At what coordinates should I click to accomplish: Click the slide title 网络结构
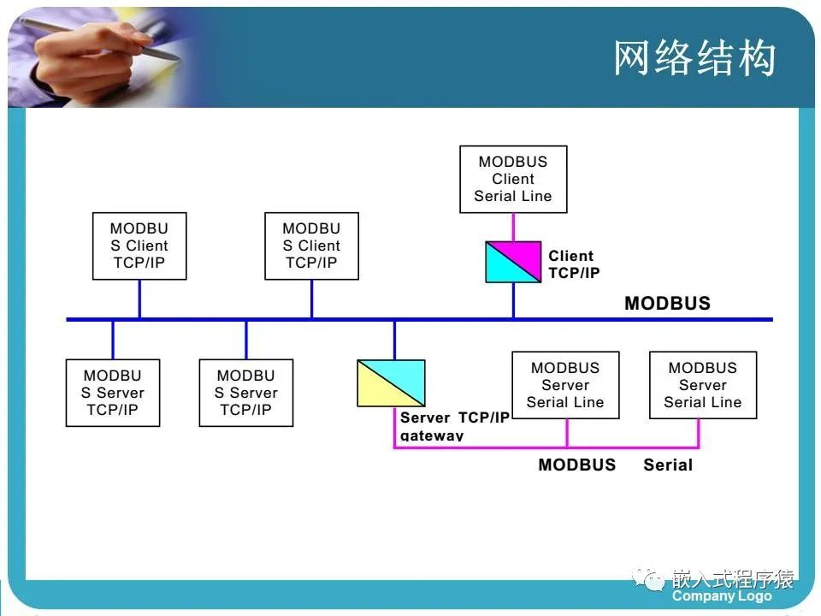point(694,58)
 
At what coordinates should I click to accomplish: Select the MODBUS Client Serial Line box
point(513,179)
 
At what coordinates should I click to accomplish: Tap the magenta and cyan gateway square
point(513,262)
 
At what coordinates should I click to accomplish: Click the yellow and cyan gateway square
point(391,382)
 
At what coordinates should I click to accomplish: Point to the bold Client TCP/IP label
point(574,264)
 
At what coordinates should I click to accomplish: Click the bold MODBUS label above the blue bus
point(667,303)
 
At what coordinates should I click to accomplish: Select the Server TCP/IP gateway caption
point(454,426)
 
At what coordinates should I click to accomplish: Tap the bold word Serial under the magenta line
point(668,465)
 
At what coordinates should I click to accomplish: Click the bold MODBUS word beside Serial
point(576,465)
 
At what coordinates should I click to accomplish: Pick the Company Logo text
point(722,596)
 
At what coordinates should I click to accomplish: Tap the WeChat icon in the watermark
point(653,581)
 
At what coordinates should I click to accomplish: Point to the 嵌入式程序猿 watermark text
point(733,578)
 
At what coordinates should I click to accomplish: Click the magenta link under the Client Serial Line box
point(513,227)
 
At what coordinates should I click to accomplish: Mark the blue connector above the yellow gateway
point(394,339)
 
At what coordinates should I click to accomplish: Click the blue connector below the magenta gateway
point(513,300)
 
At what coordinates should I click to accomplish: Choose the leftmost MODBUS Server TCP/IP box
point(112,393)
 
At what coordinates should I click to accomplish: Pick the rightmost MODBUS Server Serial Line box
point(703,385)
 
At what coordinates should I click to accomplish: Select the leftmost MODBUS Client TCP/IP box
point(139,246)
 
